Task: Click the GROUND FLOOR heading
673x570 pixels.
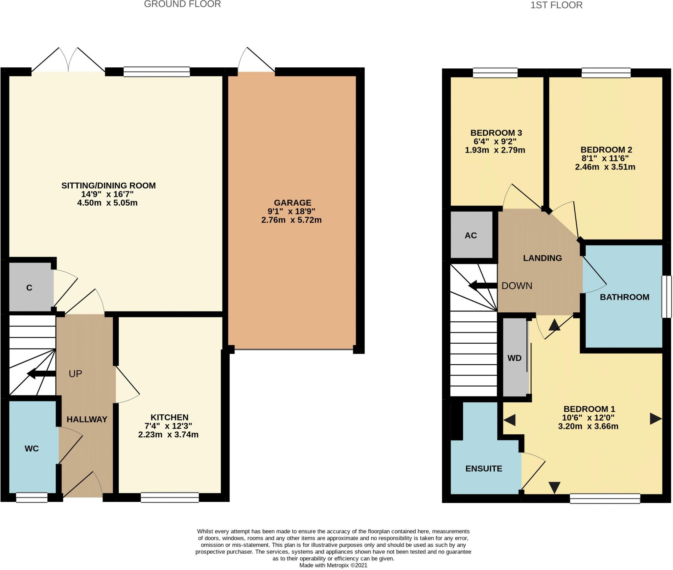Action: point(182,4)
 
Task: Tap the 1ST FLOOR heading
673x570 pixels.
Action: point(556,5)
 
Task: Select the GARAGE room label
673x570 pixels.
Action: point(292,203)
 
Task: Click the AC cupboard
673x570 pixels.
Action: point(471,235)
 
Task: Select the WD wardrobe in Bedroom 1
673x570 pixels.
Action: point(515,358)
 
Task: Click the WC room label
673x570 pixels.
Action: point(32,448)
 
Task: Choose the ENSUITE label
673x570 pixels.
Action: point(484,468)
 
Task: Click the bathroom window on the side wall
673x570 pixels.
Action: point(667,297)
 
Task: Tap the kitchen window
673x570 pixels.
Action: point(170,497)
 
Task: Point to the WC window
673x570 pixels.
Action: point(32,497)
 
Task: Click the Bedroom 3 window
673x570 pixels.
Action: point(495,73)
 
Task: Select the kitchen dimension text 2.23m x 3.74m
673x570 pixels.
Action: point(168,435)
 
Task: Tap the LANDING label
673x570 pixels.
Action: point(542,258)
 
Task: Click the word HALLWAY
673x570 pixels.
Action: point(87,419)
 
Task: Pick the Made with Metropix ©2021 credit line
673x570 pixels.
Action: point(333,565)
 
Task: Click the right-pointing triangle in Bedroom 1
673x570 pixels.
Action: point(655,419)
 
